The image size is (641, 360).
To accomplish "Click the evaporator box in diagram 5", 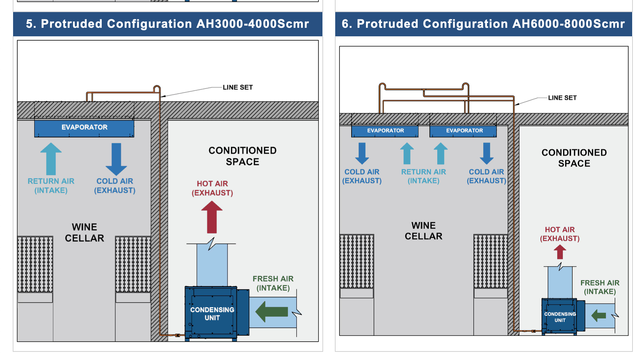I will [84, 128].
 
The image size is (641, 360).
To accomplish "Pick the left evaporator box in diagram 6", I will [385, 131].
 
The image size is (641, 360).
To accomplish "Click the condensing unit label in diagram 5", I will [212, 314].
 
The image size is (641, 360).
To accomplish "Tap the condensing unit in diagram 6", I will [560, 317].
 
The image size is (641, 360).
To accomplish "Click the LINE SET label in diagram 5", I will [238, 87].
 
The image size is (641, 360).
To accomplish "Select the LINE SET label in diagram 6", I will [562, 98].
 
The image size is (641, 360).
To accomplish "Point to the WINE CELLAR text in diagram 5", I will [84, 232].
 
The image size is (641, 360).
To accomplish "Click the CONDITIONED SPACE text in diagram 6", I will [574, 158].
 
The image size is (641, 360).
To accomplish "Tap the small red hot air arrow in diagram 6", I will [560, 252].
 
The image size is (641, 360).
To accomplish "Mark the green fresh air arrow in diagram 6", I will [599, 315].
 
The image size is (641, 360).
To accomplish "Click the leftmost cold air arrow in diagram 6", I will [362, 153].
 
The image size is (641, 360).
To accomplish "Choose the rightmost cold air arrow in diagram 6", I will [487, 153].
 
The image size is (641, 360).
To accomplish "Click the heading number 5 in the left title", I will [29, 24].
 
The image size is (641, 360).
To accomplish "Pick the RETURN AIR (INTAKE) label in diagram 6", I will [424, 176].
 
